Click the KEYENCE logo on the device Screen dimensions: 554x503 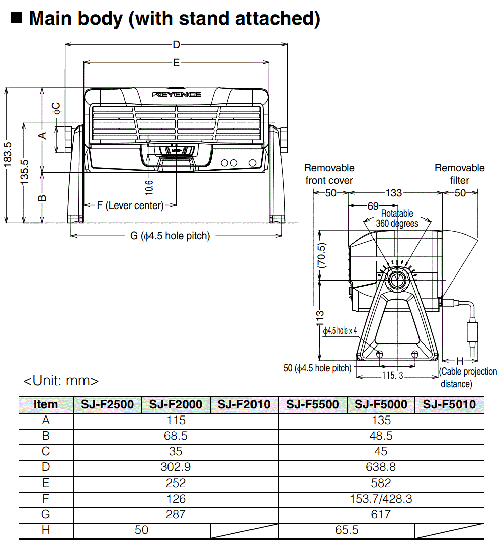click(177, 95)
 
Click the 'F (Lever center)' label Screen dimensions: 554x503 click(130, 205)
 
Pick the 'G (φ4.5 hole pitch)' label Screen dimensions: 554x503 click(170, 236)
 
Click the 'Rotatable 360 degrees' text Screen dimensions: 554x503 click(397, 219)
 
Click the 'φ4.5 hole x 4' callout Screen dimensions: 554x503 click(340, 331)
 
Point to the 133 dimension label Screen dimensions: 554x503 click(394, 193)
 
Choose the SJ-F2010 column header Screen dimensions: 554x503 click(244, 404)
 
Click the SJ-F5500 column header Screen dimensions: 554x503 click(312, 404)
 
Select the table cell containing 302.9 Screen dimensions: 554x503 click(176, 467)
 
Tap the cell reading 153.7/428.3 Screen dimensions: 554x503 click(381, 499)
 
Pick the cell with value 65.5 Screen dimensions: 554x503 click(347, 530)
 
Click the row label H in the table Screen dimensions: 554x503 click(46, 530)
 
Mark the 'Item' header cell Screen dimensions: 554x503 click(46, 404)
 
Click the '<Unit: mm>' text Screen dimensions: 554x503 click(61, 380)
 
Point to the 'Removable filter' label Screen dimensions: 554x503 click(459, 174)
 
